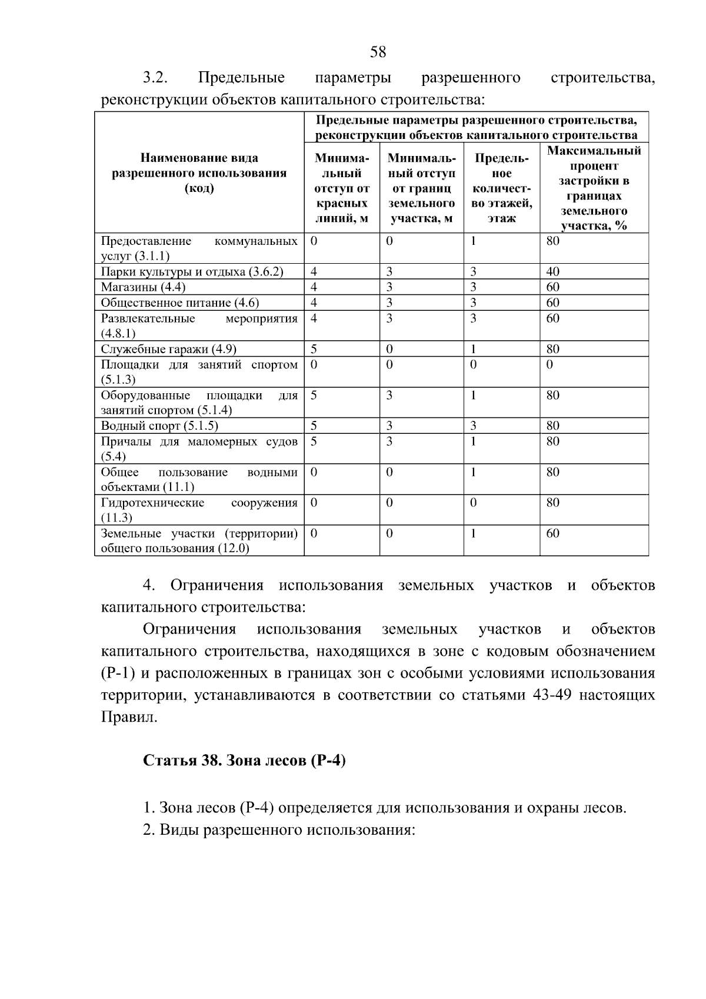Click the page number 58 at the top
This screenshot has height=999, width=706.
pos(378,52)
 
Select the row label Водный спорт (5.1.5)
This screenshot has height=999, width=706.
pos(159,426)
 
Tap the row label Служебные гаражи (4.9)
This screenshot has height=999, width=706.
pos(168,349)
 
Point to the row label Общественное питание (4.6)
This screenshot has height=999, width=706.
pos(179,303)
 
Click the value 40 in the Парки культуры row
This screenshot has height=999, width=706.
pos(552,272)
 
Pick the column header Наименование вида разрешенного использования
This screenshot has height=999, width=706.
pos(199,173)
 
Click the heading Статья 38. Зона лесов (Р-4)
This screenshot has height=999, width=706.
pos(244,760)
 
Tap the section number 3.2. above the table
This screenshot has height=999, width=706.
pos(156,78)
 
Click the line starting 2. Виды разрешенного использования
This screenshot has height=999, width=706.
pos(279,830)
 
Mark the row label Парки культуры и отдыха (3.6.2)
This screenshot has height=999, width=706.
pos(192,272)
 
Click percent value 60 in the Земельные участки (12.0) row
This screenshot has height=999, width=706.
pos(552,533)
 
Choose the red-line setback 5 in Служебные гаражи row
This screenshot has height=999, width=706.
pos(314,349)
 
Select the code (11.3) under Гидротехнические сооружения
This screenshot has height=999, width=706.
pos(116,517)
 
